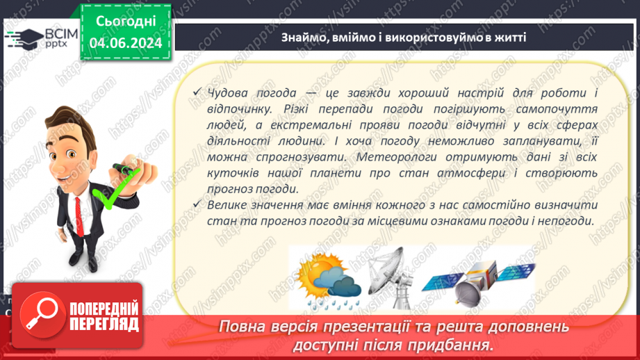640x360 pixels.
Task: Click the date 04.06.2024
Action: (126, 43)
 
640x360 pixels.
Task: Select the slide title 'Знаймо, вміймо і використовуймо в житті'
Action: (404, 37)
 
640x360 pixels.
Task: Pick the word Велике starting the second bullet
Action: (229, 205)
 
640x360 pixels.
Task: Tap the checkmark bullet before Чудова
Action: (199, 93)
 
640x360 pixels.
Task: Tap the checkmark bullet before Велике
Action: (199, 205)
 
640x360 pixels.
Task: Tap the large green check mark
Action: (111, 195)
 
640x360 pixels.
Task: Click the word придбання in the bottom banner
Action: (453, 345)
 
